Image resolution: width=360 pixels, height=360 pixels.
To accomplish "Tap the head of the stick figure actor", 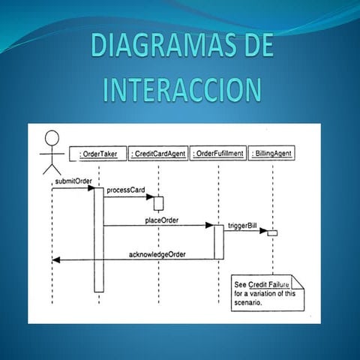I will click(x=52, y=139).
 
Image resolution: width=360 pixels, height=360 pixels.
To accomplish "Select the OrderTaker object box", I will click(x=98, y=154).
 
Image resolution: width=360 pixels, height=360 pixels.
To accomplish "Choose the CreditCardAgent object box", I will click(x=157, y=154).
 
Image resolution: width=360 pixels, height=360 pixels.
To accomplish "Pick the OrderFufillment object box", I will click(x=217, y=154).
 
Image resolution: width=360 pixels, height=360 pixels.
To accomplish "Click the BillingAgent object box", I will click(x=272, y=154).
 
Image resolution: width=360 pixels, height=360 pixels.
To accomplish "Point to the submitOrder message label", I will click(x=73, y=181).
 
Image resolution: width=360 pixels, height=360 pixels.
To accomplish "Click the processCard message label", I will click(x=126, y=190).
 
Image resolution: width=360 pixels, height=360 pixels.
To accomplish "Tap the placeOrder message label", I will click(x=167, y=221).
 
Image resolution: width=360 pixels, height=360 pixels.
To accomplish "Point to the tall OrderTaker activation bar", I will click(x=98, y=240).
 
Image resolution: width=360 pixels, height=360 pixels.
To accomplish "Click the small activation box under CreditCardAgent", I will click(x=158, y=203).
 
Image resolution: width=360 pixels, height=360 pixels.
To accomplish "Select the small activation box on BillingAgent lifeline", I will click(x=272, y=233).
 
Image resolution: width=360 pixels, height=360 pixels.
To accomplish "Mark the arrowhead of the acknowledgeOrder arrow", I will click(x=55, y=260).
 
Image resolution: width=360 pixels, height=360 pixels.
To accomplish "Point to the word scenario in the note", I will click(x=248, y=304).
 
